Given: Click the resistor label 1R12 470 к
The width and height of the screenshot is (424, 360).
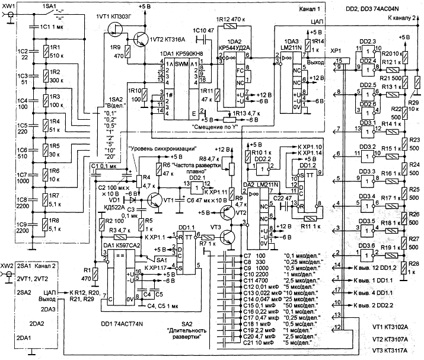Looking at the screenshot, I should pyautogui.click(x=228, y=19).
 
